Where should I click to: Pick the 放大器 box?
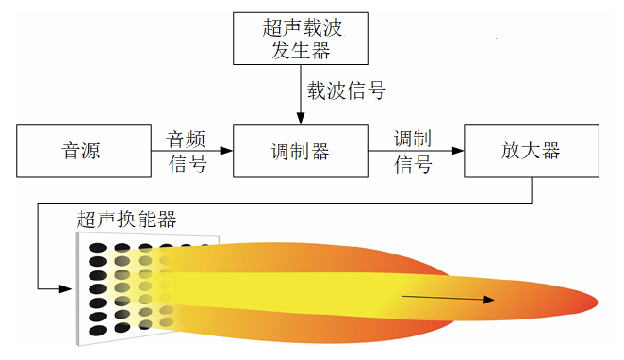coord(532,151)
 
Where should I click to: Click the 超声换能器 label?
coord(126,221)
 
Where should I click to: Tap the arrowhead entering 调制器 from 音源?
coord(226,151)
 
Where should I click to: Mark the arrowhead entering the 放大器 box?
coord(458,151)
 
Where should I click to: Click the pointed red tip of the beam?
coord(592,301)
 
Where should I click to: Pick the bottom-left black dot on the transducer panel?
coord(96,330)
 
